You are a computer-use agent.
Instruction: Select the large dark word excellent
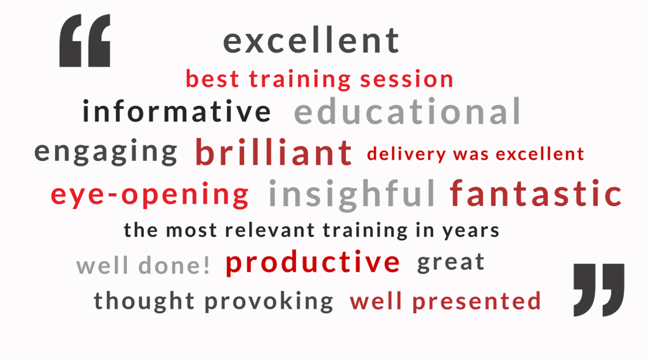tap(311, 41)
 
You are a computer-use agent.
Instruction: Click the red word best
tap(212, 79)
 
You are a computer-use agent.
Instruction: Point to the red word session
tap(407, 79)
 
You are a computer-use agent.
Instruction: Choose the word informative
tap(177, 111)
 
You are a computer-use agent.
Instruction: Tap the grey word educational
tap(408, 111)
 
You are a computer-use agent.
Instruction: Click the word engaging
tap(106, 152)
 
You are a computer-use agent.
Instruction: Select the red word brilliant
tap(274, 152)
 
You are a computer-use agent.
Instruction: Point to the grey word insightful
tap(352, 194)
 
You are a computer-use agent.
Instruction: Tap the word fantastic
tap(536, 193)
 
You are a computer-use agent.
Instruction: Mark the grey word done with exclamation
tap(174, 265)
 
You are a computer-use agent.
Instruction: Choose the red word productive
tap(313, 263)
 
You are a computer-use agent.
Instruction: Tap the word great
tap(451, 262)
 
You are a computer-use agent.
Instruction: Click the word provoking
tap(269, 301)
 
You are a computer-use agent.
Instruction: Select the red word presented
tap(477, 302)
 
